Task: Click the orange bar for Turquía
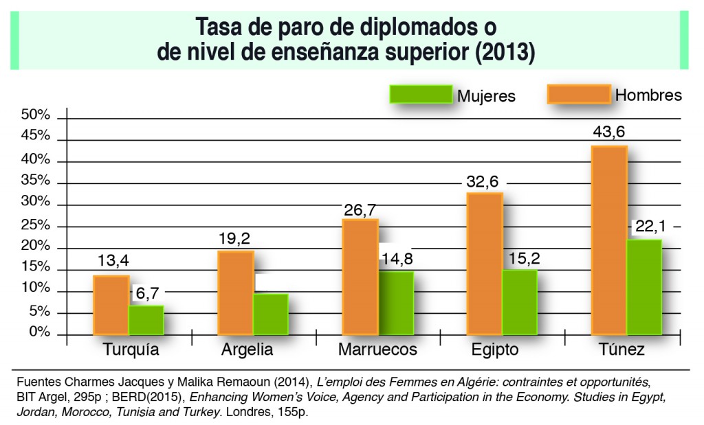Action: [x=111, y=305]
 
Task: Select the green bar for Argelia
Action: [x=270, y=314]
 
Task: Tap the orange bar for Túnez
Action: [x=609, y=240]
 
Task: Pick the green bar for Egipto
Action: [x=520, y=302]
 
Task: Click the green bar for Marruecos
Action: [x=396, y=303]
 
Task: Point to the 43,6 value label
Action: [x=609, y=132]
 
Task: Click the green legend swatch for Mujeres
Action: [x=420, y=95]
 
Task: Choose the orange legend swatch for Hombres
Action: [x=579, y=94]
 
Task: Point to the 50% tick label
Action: [x=35, y=115]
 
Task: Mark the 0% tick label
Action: [x=38, y=332]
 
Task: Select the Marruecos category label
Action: [x=377, y=350]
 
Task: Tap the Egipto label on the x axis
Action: [x=495, y=350]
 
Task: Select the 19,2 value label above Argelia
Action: [x=236, y=238]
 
